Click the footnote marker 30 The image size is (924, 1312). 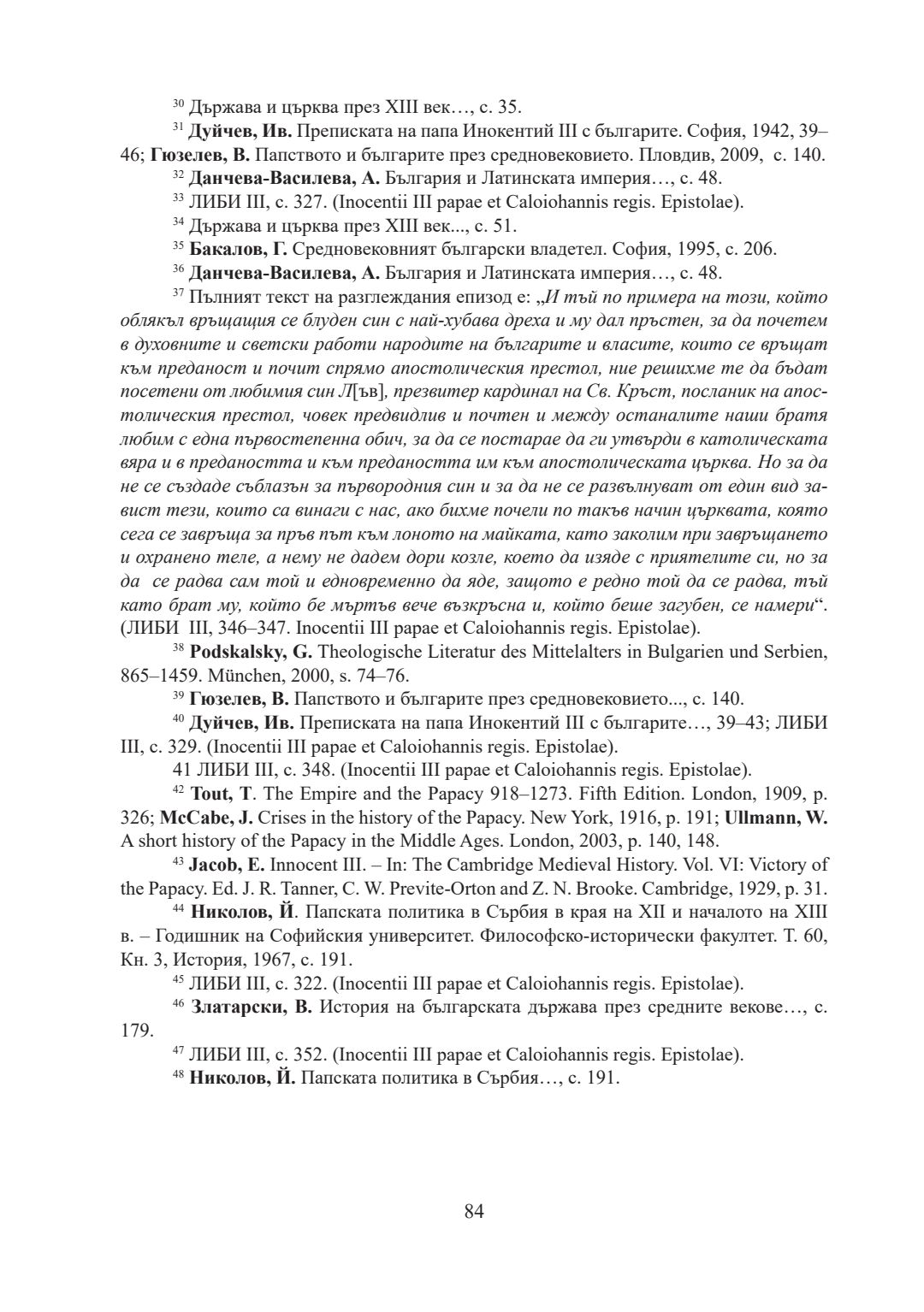pyautogui.click(x=179, y=104)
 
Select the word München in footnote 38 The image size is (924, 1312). pyautogui.click(x=205, y=674)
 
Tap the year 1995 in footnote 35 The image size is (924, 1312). pyautogui.click(x=697, y=250)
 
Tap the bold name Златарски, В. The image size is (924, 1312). pyautogui.click(x=252, y=1007)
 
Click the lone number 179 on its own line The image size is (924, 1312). pyautogui.click(x=137, y=1030)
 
